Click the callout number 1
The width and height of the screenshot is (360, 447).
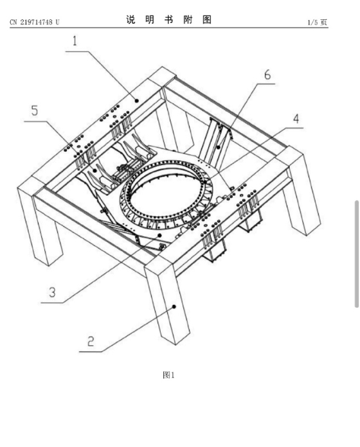pos(75,41)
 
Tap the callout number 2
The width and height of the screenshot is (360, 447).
pos(91,341)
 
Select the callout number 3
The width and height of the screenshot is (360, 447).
pos(52,292)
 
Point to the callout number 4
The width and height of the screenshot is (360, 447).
pos(296,119)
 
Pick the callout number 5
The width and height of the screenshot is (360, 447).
pos(35,110)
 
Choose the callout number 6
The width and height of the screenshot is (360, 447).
pos(267,74)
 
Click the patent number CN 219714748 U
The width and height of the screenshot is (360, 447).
pos(35,22)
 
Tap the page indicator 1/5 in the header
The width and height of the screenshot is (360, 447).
pos(312,22)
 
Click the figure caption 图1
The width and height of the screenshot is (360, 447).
pos(168,375)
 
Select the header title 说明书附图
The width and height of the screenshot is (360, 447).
pos(169,20)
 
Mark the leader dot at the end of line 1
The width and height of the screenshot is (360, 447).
pos(137,100)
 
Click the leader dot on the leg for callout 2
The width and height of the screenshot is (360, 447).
pos(174,306)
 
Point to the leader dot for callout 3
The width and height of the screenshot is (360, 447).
pos(159,235)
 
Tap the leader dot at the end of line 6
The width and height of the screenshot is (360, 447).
pos(218,147)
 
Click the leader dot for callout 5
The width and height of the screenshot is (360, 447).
pos(94,170)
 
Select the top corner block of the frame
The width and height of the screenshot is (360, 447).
pos(163,76)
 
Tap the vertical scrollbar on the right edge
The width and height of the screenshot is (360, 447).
pos(357,254)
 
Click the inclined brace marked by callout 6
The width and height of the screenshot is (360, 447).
pos(216,142)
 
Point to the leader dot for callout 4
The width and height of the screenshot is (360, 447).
pos(205,182)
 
